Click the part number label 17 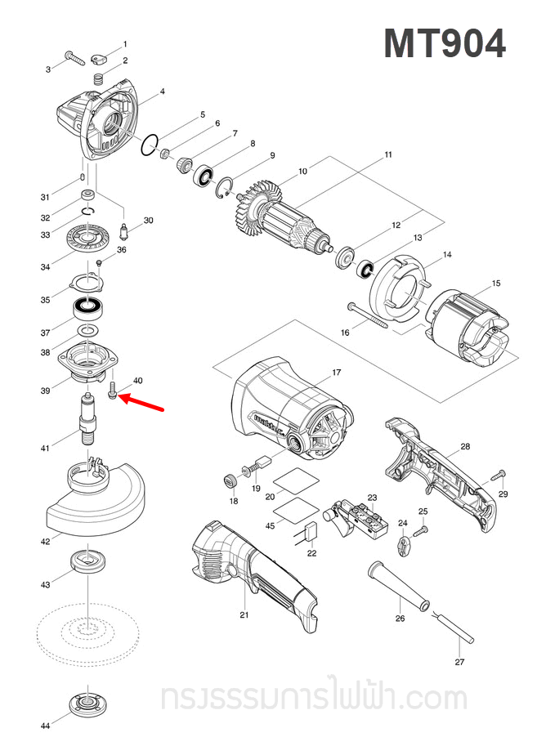click(x=336, y=373)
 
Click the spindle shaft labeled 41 click(x=87, y=418)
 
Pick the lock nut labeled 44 click(x=86, y=702)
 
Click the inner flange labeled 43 click(x=86, y=562)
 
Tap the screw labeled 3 click(x=74, y=59)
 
